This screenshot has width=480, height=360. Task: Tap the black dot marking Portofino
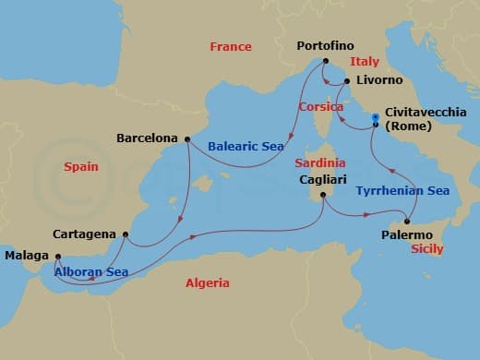coord(326,62)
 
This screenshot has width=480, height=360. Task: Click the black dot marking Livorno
coord(347,82)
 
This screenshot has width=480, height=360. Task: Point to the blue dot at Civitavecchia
coord(375,117)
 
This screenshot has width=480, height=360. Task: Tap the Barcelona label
coord(148,138)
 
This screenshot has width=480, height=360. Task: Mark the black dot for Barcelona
coord(187,139)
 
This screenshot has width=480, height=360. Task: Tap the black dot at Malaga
coord(57,257)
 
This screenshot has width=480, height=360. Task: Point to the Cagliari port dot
coord(322,195)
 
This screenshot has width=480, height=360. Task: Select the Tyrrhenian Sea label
coord(402,191)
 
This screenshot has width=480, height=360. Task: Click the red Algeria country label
coord(208,283)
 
